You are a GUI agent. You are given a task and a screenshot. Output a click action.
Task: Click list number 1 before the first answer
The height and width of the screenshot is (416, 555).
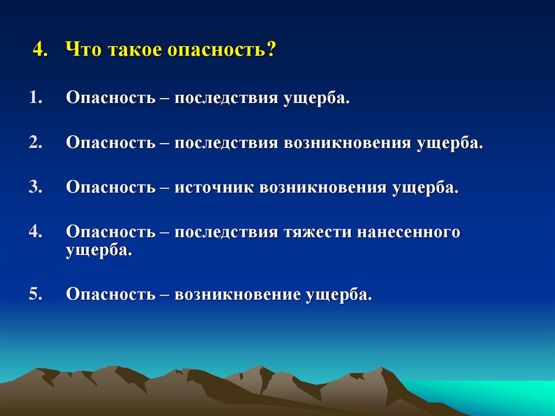36,99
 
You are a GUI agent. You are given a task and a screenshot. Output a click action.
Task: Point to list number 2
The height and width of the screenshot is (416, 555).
36,143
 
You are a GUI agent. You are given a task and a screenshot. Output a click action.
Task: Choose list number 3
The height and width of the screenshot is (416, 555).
36,188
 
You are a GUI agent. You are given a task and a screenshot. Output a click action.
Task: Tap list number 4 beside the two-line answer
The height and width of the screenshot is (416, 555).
36,232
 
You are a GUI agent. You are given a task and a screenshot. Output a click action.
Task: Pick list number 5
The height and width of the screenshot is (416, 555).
36,294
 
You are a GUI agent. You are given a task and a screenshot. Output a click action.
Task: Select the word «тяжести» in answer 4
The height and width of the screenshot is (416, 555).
318,232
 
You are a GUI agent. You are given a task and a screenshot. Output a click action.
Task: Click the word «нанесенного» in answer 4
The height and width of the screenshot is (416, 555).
409,232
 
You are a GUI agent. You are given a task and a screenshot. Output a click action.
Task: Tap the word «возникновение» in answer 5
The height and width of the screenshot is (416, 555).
238,295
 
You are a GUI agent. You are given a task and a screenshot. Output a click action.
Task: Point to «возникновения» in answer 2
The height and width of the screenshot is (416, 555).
347,143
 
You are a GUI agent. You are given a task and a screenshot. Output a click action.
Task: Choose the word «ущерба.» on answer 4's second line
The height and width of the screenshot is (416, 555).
99,251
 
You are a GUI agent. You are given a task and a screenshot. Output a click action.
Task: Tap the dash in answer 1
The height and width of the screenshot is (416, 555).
165,99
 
